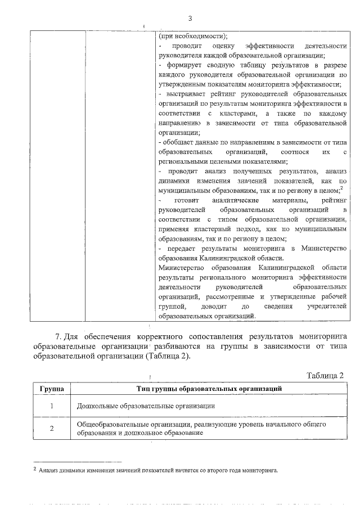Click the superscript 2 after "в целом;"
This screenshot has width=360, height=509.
point(341,188)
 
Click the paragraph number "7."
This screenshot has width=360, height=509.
point(53,336)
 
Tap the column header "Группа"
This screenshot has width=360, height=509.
point(51,388)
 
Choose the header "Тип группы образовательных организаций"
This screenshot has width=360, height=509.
point(209,388)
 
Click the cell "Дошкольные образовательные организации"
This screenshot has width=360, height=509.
point(146,405)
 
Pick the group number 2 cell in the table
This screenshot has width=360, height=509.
point(51,429)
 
